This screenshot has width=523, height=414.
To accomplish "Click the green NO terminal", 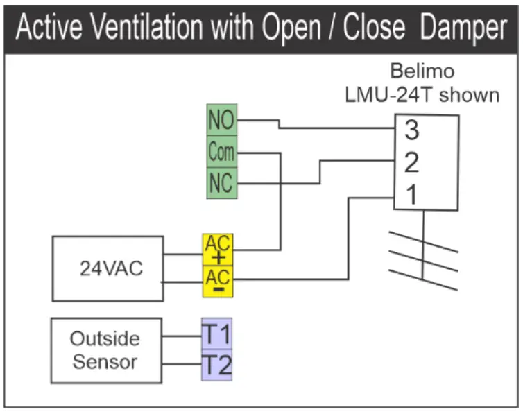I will (x=222, y=121).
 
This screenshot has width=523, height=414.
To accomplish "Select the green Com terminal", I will (x=222, y=152).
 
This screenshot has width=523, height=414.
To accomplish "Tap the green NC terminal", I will (x=222, y=183).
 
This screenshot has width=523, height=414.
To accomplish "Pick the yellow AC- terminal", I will (x=218, y=281).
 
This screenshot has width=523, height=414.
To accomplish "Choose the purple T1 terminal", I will (x=216, y=334).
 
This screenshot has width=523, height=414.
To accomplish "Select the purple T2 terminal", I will (x=216, y=365).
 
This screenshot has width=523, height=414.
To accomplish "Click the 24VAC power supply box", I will (x=108, y=268).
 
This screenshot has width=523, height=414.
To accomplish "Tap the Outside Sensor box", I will (x=105, y=350).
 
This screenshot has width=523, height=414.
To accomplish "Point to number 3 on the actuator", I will (x=412, y=129).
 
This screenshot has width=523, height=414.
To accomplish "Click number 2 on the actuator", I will (x=412, y=163).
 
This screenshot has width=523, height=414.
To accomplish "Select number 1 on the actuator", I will (x=412, y=196).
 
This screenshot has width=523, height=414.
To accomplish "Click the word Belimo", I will (x=422, y=71).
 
